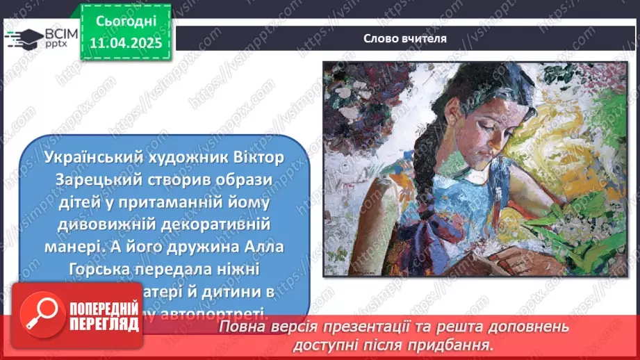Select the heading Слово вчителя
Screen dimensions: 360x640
404,39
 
